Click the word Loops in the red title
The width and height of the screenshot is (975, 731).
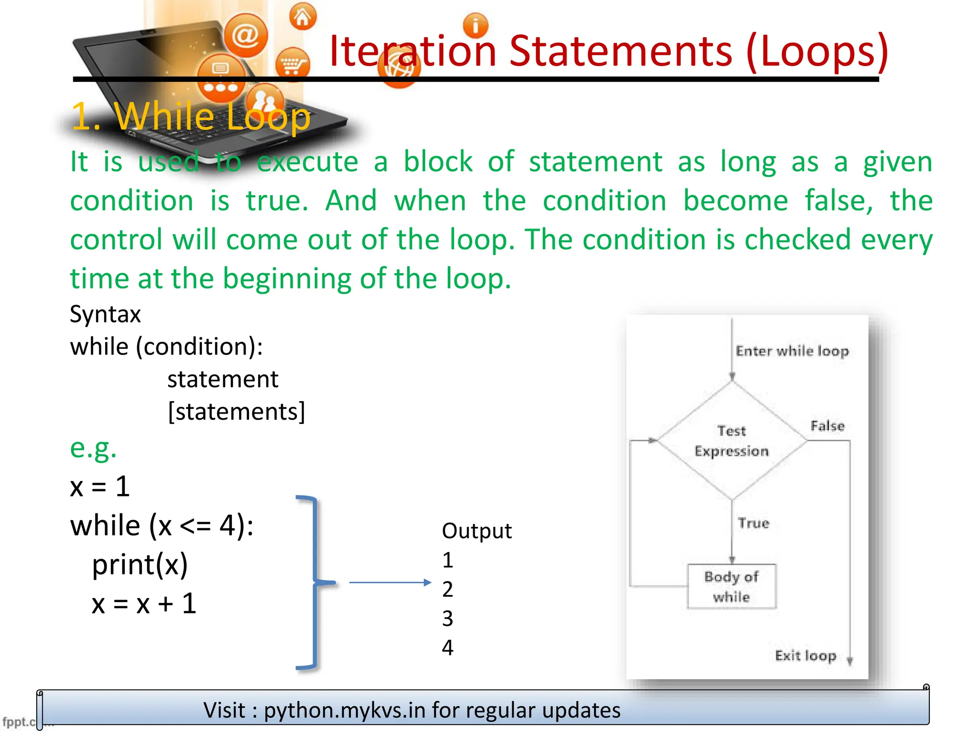tap(817, 51)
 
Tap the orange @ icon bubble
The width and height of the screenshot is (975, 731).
tap(246, 36)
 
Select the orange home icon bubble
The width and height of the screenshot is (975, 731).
tap(303, 17)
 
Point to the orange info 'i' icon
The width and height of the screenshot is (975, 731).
tap(475, 25)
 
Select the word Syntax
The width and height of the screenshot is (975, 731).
tap(105, 314)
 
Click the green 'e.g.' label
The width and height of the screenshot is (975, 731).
tap(93, 448)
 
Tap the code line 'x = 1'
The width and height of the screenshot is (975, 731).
tap(100, 486)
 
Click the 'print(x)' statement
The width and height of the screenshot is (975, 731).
tap(140, 565)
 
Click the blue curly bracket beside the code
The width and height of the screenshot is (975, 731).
tap(314, 582)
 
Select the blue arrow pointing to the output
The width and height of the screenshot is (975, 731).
tap(390, 583)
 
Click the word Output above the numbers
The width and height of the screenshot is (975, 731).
tap(477, 531)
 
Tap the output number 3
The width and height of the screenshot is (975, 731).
tap(448, 618)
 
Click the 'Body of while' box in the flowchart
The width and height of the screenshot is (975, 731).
tap(732, 586)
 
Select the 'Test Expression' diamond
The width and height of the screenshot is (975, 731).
tap(732, 441)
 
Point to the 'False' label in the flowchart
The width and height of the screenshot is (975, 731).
tap(827, 425)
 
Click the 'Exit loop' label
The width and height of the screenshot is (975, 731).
tap(806, 655)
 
